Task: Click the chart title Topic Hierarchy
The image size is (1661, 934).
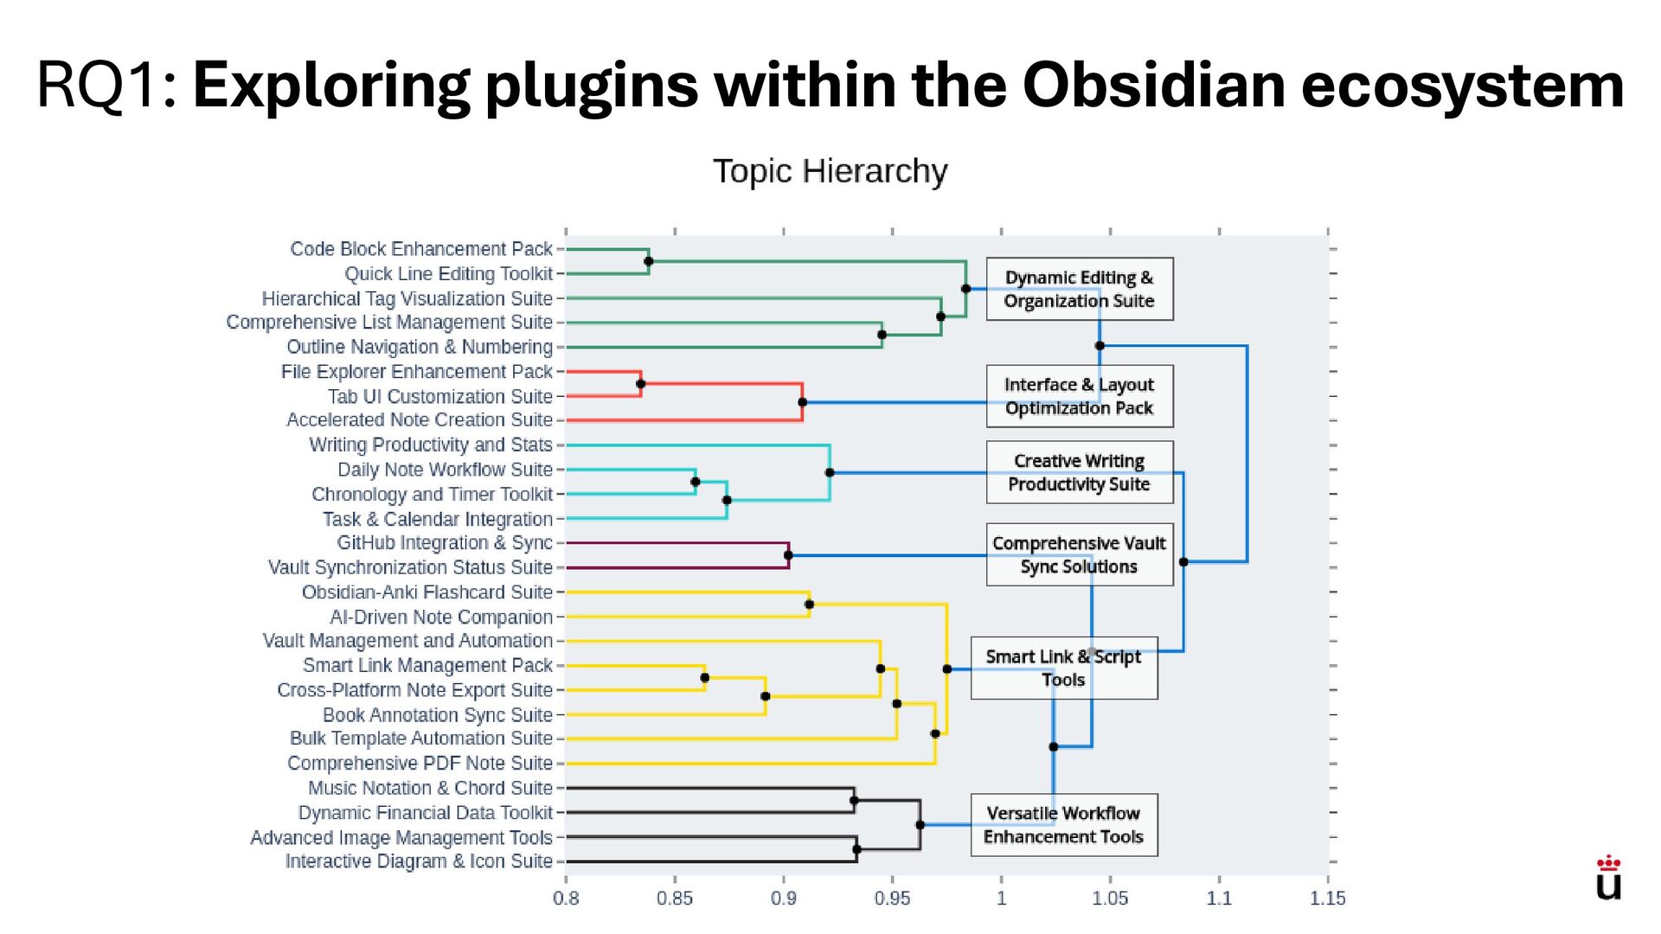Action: point(830,171)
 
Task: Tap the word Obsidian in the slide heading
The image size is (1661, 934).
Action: point(1152,85)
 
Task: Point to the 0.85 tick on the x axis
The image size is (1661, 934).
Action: point(674,898)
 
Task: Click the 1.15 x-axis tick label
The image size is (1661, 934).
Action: point(1327,898)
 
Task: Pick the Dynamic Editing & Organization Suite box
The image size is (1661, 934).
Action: point(1079,289)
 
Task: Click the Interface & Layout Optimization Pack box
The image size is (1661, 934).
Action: point(1079,396)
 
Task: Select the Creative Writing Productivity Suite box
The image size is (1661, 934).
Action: point(1079,472)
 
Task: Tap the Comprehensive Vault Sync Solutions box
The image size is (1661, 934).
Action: point(1079,554)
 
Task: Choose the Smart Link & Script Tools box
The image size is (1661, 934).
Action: point(1063,668)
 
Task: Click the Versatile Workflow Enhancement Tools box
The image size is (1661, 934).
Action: point(1063,825)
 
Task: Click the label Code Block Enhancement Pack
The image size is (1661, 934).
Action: point(421,249)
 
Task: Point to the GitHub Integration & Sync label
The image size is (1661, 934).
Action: point(445,542)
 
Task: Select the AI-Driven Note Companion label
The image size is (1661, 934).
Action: point(441,617)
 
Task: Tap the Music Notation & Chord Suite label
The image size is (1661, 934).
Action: point(430,788)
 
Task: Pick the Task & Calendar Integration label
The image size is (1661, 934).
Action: point(438,519)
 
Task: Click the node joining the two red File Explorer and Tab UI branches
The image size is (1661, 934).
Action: point(640,384)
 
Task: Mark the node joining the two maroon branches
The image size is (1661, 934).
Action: point(788,555)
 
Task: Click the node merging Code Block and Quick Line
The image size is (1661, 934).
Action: point(649,261)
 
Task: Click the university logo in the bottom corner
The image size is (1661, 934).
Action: point(1608,879)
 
